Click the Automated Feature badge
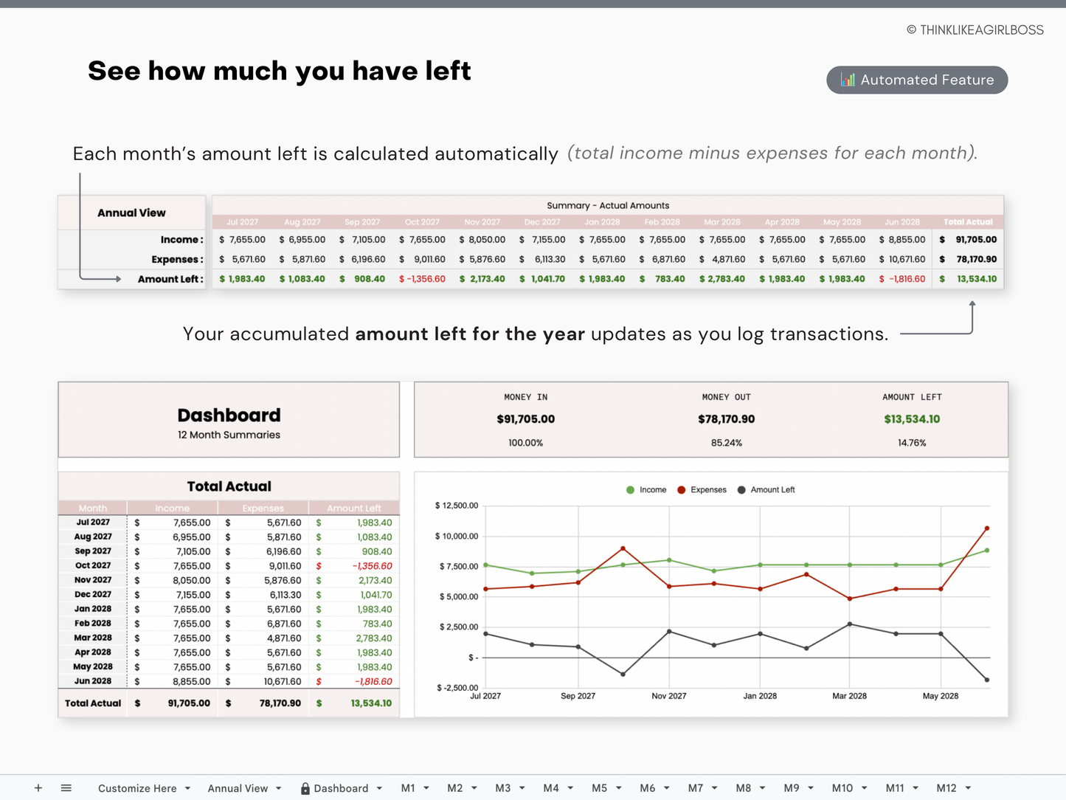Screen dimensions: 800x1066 (x=917, y=80)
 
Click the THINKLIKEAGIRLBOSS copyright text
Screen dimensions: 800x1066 (x=975, y=30)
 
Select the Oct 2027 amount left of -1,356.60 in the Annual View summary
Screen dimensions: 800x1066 (x=422, y=279)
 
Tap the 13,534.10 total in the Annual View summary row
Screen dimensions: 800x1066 (x=976, y=279)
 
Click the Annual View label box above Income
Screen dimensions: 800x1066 (x=131, y=213)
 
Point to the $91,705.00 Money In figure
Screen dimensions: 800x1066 (x=525, y=419)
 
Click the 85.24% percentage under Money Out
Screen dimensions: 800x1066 (x=726, y=443)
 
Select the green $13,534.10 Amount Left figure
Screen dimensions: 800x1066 (x=912, y=419)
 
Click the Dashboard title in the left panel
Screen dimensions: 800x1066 (x=229, y=415)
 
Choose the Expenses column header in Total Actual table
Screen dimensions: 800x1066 (x=263, y=508)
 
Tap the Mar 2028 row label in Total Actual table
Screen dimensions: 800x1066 (x=93, y=638)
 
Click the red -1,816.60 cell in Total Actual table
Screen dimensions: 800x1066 (x=373, y=682)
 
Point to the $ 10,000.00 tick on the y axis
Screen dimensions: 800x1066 (x=457, y=537)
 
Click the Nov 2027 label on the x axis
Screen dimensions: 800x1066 (x=668, y=696)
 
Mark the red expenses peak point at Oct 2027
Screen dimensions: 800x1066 (x=623, y=548)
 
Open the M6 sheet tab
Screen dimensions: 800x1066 (x=647, y=788)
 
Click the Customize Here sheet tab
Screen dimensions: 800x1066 (x=137, y=788)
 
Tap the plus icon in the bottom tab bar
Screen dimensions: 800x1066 (x=38, y=788)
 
